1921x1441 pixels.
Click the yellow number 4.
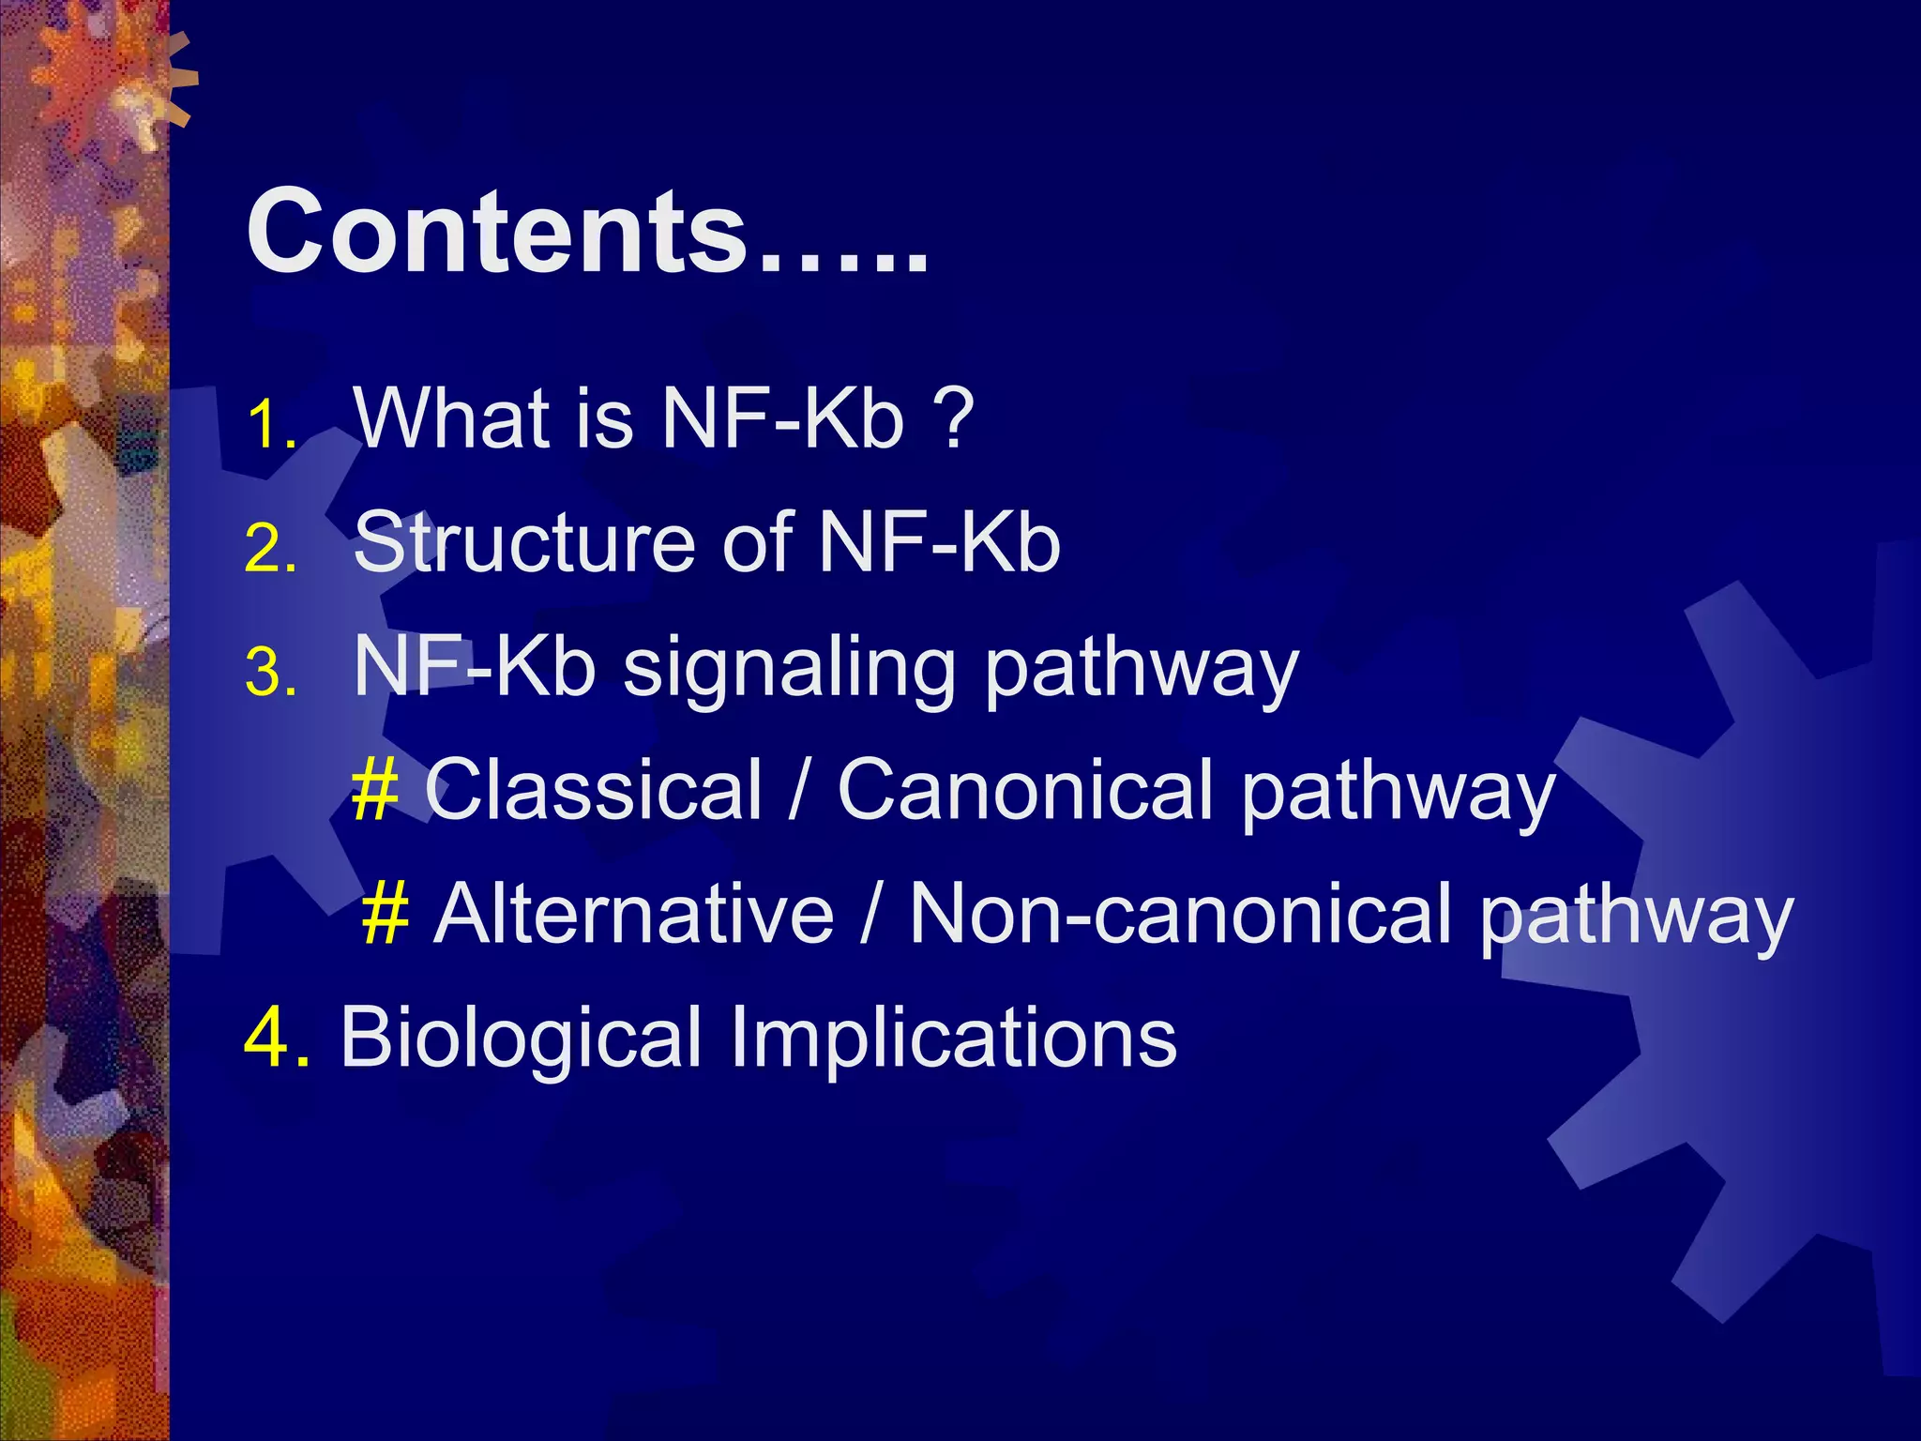coord(275,1038)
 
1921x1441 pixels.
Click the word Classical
coord(593,790)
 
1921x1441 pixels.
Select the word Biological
coord(521,1038)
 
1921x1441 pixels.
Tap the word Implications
coord(953,1038)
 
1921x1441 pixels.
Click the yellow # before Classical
coord(374,790)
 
